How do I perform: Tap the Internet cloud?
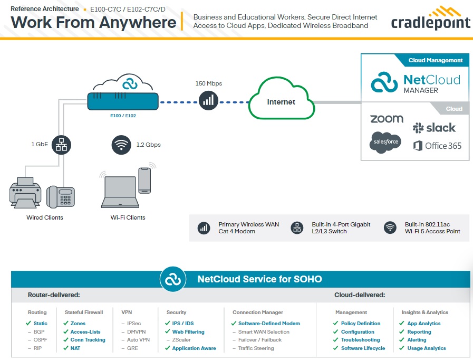[281, 100]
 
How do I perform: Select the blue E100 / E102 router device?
[122, 101]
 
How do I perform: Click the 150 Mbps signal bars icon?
[208, 100]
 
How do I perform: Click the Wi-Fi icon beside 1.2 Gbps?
[121, 144]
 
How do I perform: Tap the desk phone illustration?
[60, 197]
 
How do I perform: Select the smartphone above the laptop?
[144, 181]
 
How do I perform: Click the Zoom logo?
[387, 119]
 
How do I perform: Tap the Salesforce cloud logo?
[385, 143]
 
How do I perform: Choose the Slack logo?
[434, 128]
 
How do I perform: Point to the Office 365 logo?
[438, 146]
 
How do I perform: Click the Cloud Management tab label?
[435, 60]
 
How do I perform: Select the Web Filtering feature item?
[188, 332]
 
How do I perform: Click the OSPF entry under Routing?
[40, 340]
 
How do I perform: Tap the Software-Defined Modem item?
[268, 324]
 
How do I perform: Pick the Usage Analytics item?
[426, 348]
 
